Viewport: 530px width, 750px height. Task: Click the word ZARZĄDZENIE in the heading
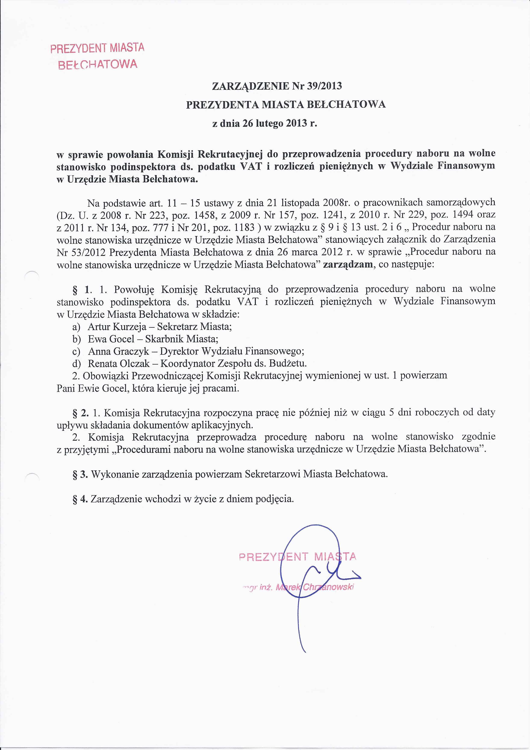pyautogui.click(x=250, y=86)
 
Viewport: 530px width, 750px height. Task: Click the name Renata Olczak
pyautogui.click(x=119, y=364)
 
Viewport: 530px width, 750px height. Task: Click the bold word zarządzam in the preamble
pyautogui.click(x=347, y=264)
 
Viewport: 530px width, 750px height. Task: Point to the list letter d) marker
pyautogui.click(x=77, y=364)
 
